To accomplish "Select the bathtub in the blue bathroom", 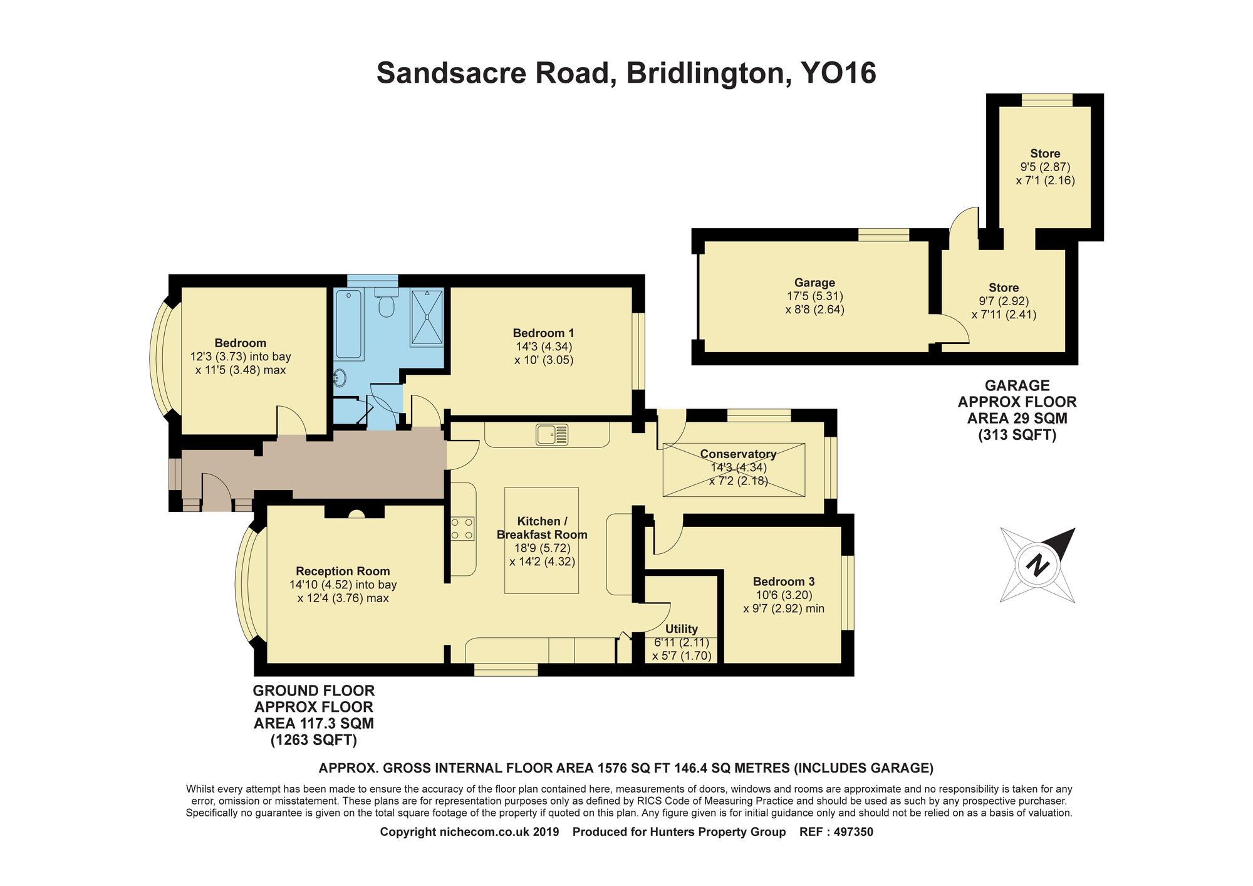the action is click(x=348, y=325).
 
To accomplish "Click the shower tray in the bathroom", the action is click(x=427, y=316).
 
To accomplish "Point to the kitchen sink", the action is click(x=552, y=434).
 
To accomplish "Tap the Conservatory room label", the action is click(x=738, y=454).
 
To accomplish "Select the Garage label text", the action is click(x=814, y=283).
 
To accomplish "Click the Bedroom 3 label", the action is click(x=784, y=581).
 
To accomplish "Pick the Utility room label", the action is click(x=682, y=629).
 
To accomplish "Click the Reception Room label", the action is click(x=343, y=571).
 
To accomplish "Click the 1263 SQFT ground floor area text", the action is click(x=314, y=741).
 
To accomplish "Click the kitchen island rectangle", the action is click(x=542, y=540).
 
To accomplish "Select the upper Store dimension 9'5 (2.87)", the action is click(x=1045, y=167).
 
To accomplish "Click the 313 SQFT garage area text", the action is click(x=1017, y=435).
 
